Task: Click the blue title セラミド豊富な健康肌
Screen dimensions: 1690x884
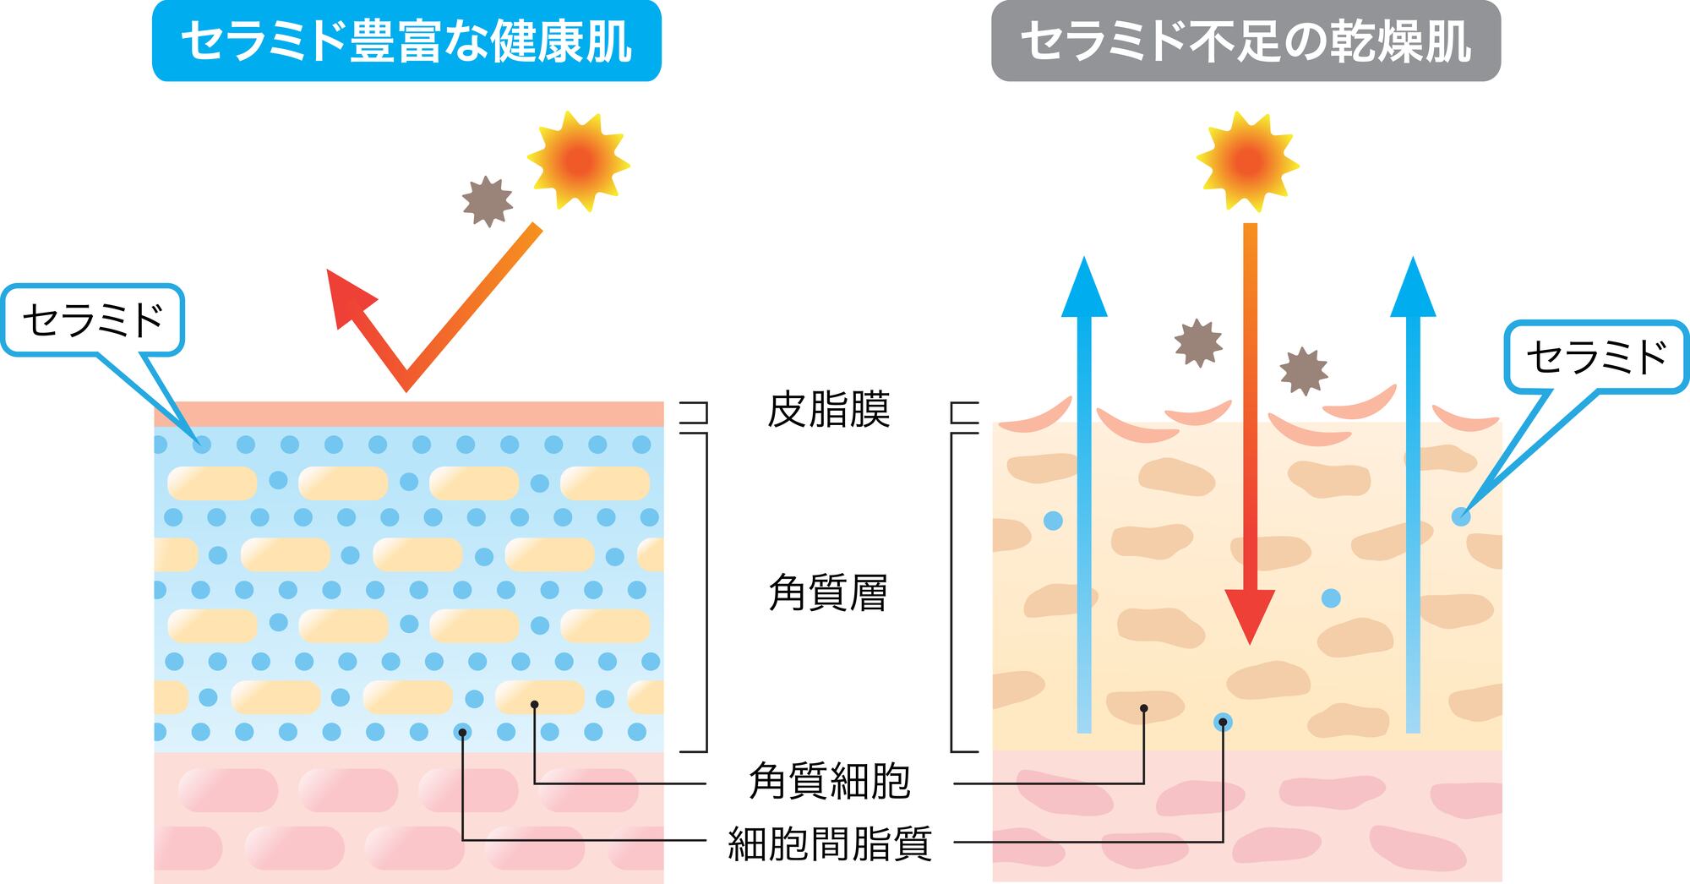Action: tap(406, 41)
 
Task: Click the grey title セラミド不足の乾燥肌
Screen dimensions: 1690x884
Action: tap(1246, 41)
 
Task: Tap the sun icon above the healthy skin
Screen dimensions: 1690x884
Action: tap(579, 161)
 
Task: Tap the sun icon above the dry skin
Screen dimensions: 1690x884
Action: tap(1248, 161)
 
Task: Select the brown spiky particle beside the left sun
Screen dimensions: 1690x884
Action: tap(488, 201)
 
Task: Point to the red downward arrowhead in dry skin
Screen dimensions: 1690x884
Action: tap(1249, 614)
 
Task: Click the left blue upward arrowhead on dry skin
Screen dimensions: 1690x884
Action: tap(1084, 290)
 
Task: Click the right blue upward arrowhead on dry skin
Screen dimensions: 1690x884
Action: tap(1413, 290)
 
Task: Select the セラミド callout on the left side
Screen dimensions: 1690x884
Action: tap(93, 320)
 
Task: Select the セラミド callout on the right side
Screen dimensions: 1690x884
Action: tap(1596, 357)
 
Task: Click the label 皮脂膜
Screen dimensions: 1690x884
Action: tap(829, 411)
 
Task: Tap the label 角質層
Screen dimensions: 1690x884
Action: tap(828, 592)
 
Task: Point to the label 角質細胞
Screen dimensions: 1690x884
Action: tap(829, 781)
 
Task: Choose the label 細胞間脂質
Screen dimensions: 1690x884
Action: tap(829, 843)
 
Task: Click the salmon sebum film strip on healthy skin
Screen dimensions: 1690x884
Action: tap(409, 413)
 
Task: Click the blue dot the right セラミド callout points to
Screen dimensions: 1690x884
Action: tap(1461, 516)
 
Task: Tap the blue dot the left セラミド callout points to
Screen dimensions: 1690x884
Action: tap(201, 445)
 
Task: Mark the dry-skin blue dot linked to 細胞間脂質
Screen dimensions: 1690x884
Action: tap(1223, 723)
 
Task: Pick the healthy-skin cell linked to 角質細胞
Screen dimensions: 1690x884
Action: tap(539, 697)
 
